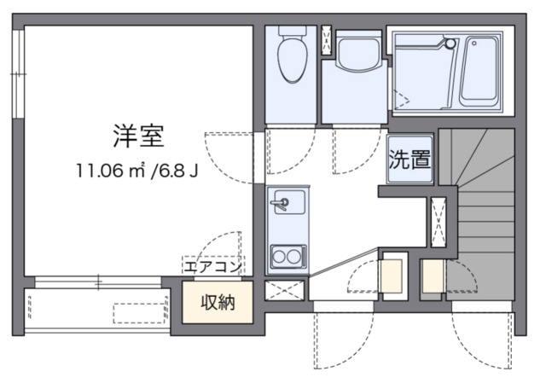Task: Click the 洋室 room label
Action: click(138, 136)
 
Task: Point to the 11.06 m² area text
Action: click(110, 171)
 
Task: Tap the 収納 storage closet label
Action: click(218, 302)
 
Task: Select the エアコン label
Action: click(212, 267)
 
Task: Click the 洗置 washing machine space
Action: click(409, 160)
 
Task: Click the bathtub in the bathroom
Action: click(479, 72)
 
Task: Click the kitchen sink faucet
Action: click(280, 203)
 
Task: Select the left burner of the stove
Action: click(279, 257)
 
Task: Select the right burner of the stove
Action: click(293, 257)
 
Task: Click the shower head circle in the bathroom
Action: click(450, 44)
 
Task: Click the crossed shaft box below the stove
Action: click(285, 290)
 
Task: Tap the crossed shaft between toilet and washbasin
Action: click(327, 40)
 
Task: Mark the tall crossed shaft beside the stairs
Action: click(438, 222)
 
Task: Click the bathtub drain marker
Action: click(473, 44)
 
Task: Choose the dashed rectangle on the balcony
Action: click(139, 313)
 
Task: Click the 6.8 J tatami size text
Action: click(174, 171)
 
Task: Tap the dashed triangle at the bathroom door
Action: click(402, 99)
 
